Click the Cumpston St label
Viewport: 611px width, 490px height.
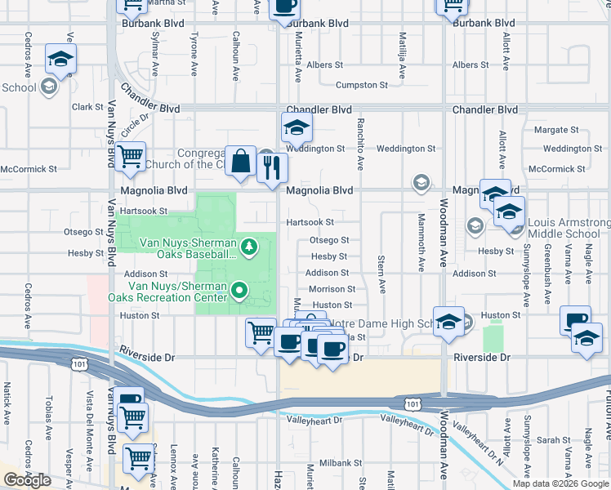pyautogui.click(x=361, y=85)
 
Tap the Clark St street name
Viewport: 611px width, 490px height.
pyautogui.click(x=84, y=106)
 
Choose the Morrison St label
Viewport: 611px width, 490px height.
pyautogui.click(x=332, y=289)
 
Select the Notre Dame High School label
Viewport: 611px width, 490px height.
pyautogui.click(x=384, y=324)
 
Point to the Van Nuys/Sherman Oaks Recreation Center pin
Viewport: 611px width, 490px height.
pyautogui.click(x=239, y=289)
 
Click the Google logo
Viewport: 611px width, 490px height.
pyautogui.click(x=27, y=480)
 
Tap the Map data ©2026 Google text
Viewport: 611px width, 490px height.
pyautogui.click(x=560, y=483)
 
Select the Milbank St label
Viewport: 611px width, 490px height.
pyautogui.click(x=335, y=462)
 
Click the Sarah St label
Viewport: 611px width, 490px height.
pyautogui.click(x=554, y=440)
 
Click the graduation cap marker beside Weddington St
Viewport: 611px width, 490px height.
pyautogui.click(x=297, y=127)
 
